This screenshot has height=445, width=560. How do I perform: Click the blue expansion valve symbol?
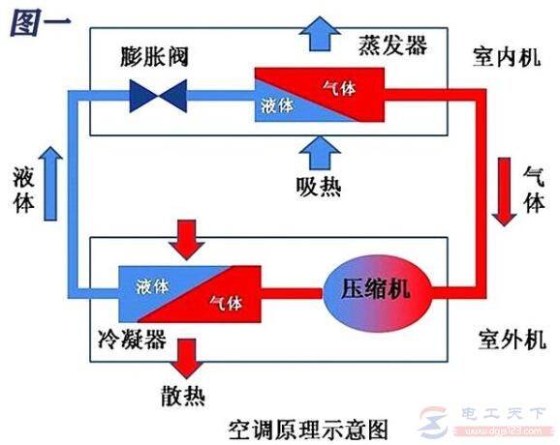[160, 95]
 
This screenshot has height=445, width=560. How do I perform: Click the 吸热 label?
[318, 186]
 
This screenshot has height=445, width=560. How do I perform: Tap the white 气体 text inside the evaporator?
[339, 88]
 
